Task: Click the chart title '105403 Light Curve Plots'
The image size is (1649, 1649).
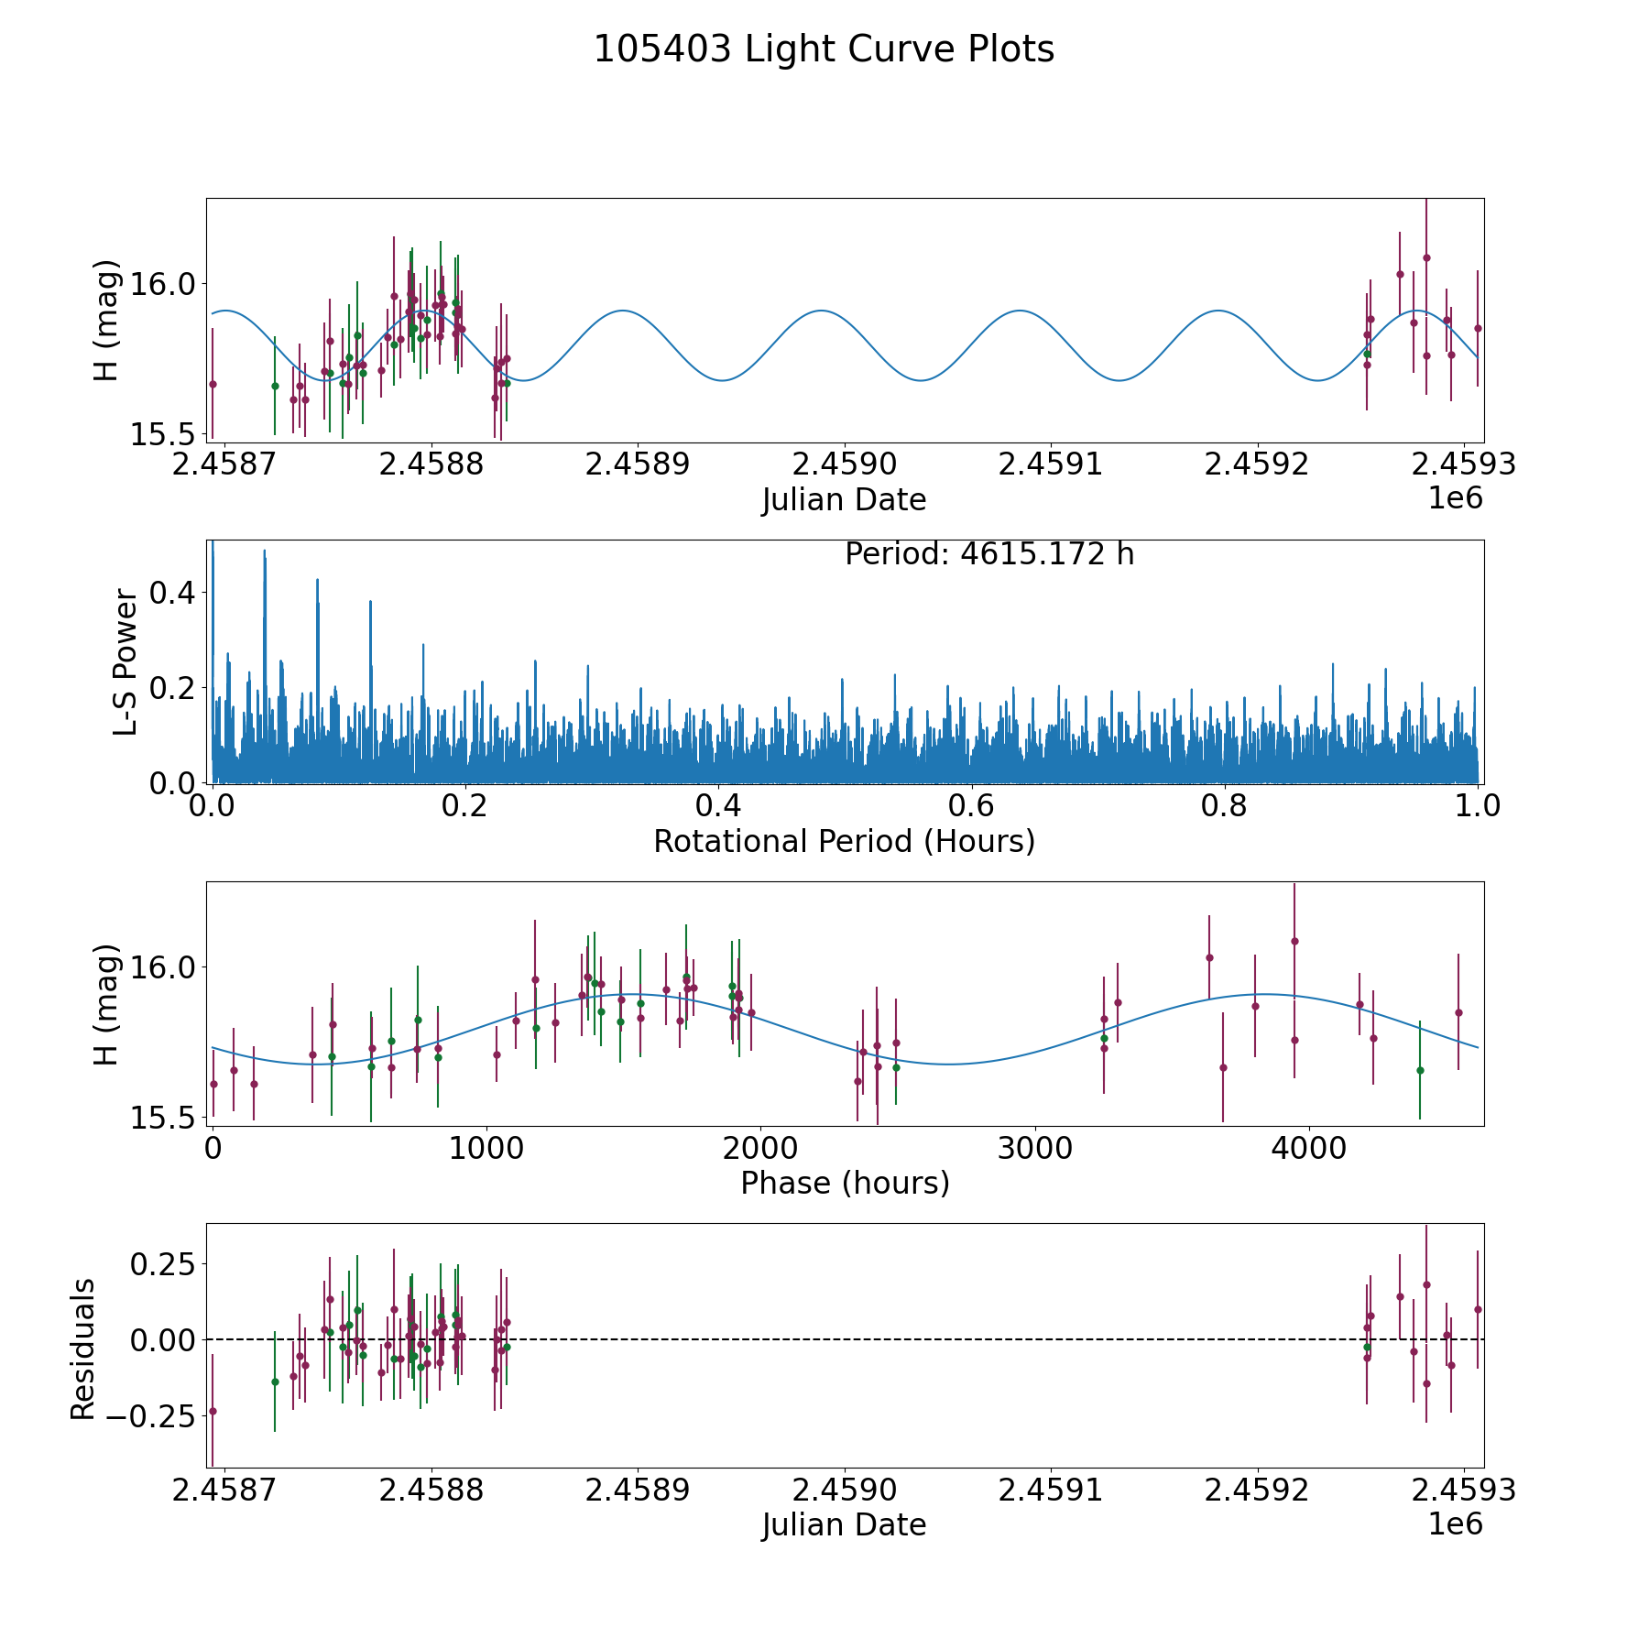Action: pos(824,49)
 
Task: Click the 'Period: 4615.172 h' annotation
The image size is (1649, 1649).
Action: pos(989,554)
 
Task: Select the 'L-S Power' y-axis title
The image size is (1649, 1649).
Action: pos(126,662)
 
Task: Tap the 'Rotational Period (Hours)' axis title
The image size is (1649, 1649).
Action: pos(844,841)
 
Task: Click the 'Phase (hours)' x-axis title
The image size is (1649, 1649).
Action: pos(844,1183)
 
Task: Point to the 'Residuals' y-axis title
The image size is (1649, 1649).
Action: pos(83,1349)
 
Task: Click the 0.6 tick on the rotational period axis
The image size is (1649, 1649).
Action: pos(971,806)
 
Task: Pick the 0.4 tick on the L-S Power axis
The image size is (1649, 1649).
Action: pos(172,592)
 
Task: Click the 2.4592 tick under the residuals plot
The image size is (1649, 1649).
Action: pos(1258,1491)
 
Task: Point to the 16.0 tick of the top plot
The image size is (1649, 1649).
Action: pos(165,284)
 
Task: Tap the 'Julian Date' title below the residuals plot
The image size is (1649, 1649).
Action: pos(844,1525)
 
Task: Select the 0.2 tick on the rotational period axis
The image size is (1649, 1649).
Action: pos(465,806)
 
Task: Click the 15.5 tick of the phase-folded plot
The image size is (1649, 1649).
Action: pos(165,1118)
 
